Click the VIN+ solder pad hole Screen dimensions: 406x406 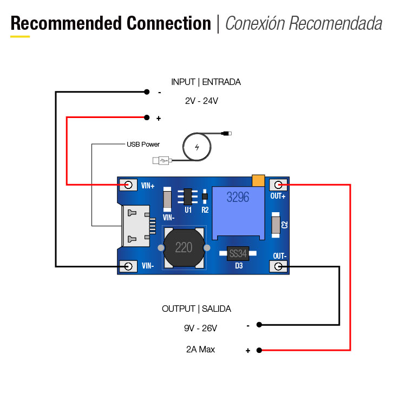(129, 185)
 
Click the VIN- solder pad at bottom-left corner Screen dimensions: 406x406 (129, 266)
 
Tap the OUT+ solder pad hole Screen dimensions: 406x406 (279, 185)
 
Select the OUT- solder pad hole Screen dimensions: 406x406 (279, 266)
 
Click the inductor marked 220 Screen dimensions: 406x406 (184, 247)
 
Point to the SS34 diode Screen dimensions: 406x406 (237, 253)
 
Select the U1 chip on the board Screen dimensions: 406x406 (188, 197)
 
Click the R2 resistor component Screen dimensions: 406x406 (205, 197)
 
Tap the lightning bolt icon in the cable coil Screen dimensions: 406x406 (197, 147)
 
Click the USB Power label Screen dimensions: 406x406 (143, 145)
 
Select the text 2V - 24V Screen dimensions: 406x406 (201, 101)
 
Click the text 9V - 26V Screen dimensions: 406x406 (200, 328)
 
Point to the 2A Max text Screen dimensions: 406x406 (200, 350)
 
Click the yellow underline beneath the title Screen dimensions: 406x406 (20, 37)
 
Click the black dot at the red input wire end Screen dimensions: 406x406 (147, 117)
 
